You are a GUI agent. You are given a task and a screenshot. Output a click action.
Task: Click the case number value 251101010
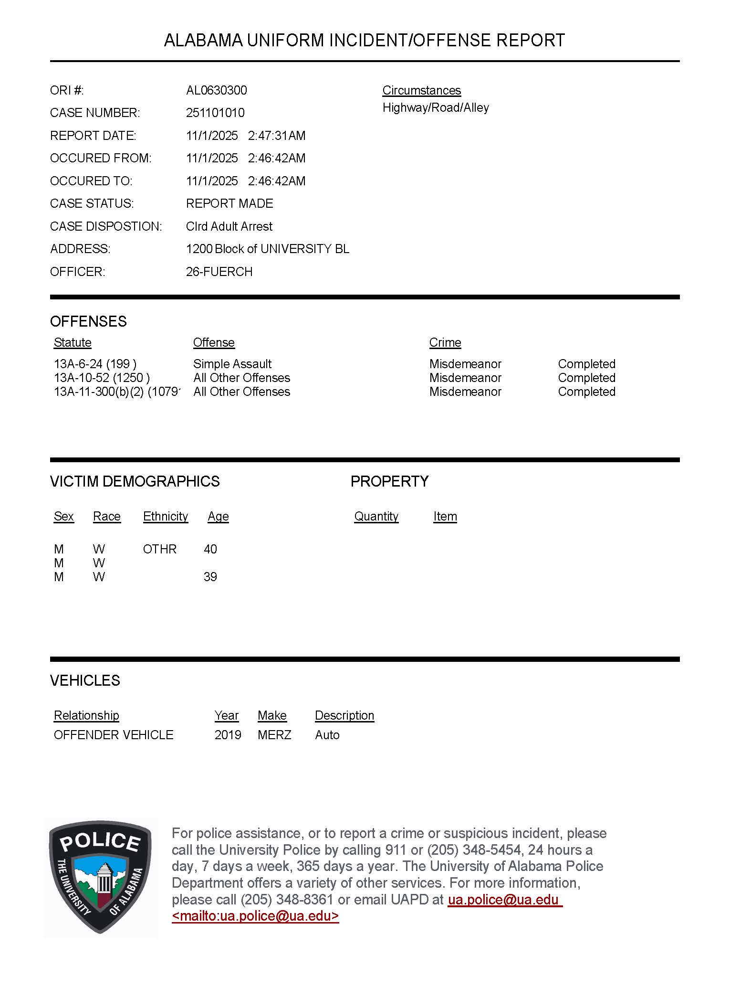(215, 113)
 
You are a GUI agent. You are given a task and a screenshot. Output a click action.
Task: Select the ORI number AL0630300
(217, 90)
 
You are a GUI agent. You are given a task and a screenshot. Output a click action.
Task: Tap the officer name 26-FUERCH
(219, 272)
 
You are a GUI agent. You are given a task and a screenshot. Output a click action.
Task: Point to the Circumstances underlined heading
(421, 90)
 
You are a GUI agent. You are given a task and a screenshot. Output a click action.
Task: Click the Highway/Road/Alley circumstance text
(436, 107)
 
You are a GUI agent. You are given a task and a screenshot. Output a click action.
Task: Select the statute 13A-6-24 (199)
(95, 364)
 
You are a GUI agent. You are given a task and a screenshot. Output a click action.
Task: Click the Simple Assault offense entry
(232, 364)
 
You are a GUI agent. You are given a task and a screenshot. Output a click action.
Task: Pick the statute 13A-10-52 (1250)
(102, 378)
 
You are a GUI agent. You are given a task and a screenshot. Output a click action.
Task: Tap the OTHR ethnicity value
(159, 549)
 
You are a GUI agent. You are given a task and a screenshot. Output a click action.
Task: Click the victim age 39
(210, 577)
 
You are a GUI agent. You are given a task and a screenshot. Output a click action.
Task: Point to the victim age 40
(210, 549)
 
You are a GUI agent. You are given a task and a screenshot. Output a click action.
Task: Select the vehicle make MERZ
(274, 735)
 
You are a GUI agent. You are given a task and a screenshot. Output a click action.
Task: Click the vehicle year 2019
(228, 735)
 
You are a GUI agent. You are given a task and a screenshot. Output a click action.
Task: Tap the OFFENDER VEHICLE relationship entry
(114, 735)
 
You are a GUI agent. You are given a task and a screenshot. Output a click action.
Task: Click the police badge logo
(100, 878)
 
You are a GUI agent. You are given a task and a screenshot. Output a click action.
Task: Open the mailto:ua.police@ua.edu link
(255, 916)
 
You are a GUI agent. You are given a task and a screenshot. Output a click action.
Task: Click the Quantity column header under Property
(376, 516)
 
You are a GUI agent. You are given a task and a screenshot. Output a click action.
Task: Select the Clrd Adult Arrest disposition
(229, 226)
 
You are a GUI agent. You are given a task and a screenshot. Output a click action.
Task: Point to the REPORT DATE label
(93, 136)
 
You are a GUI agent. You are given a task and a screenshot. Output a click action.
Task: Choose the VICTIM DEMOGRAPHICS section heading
(135, 481)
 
